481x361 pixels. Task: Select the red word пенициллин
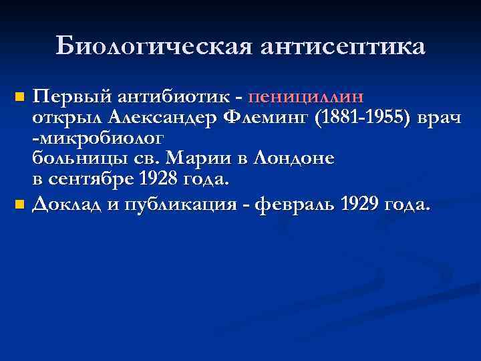pyautogui.click(x=305, y=97)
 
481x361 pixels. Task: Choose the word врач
pyautogui.click(x=437, y=118)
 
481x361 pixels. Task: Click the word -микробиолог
pyautogui.click(x=97, y=138)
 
